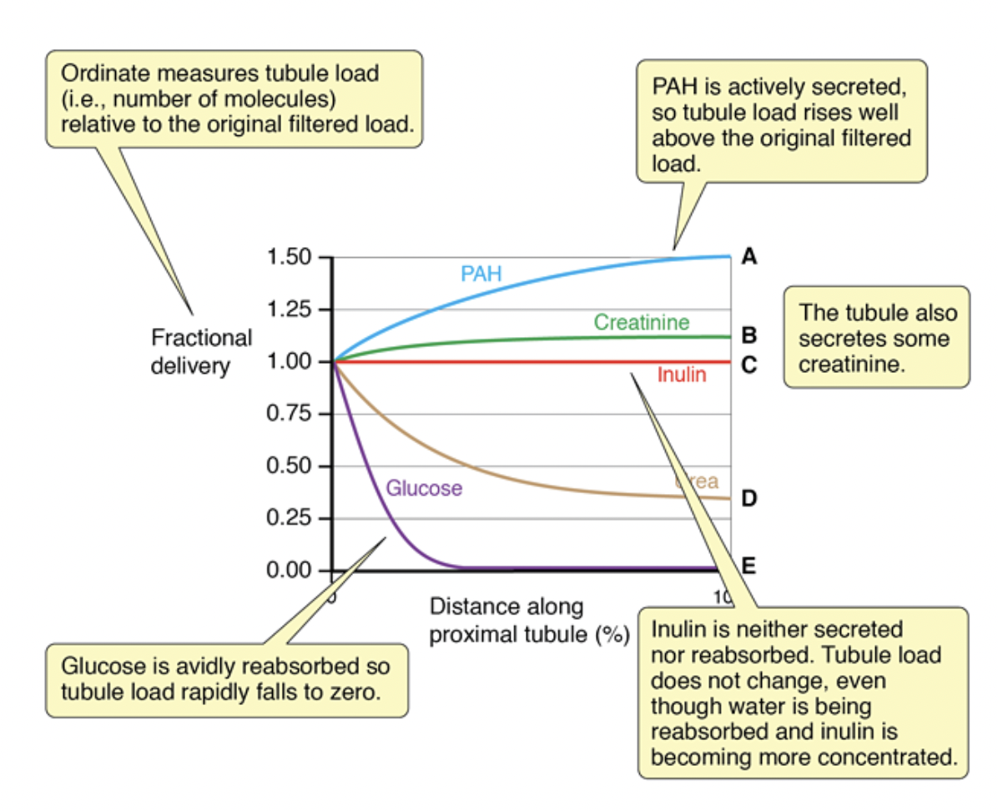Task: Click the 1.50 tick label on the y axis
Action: [x=289, y=257]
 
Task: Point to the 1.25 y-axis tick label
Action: [x=289, y=310]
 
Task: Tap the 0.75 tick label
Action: [x=289, y=414]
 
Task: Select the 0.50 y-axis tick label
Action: [x=289, y=466]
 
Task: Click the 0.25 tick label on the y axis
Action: [x=289, y=518]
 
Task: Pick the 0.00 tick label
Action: [x=289, y=571]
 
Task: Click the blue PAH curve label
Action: [x=481, y=274]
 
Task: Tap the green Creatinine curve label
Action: [x=642, y=322]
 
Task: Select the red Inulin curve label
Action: [x=681, y=375]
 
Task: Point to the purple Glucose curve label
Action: [x=424, y=488]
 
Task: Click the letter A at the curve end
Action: [x=749, y=256]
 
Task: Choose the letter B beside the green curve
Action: [x=748, y=337]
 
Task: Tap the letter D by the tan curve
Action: [x=749, y=499]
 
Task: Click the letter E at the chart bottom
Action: [x=748, y=567]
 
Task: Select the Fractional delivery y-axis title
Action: [x=201, y=351]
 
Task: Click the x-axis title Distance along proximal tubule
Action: [x=528, y=620]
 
